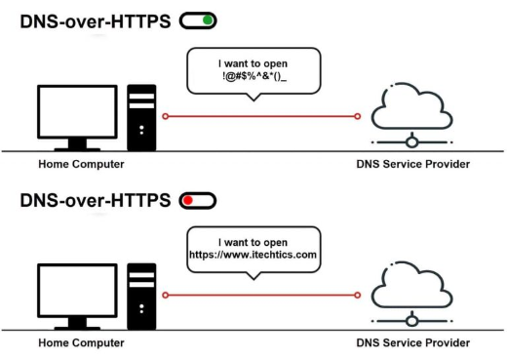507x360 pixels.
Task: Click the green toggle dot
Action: (x=208, y=20)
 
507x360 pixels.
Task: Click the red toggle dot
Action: (x=188, y=200)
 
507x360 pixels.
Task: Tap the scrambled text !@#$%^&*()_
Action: (x=254, y=76)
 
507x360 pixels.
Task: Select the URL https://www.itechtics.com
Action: (x=253, y=255)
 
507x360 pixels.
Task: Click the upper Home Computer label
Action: (x=81, y=164)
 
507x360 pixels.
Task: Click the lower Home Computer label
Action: (x=81, y=342)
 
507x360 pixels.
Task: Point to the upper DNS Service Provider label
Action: (x=413, y=164)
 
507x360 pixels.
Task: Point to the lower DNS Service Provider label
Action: (x=413, y=342)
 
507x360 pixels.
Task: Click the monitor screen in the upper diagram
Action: (x=77, y=111)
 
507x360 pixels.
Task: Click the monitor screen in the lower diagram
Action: (x=77, y=291)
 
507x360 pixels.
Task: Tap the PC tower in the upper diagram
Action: (x=141, y=118)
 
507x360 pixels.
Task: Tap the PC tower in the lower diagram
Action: (x=141, y=297)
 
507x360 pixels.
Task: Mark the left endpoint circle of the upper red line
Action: (x=166, y=116)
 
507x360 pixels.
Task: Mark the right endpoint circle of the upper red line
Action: (x=358, y=116)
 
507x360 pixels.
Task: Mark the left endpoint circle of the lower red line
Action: (x=166, y=295)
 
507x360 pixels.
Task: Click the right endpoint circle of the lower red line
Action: (x=358, y=295)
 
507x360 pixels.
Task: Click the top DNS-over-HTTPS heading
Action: (x=96, y=21)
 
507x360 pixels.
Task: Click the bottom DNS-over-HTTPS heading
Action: (x=96, y=200)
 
